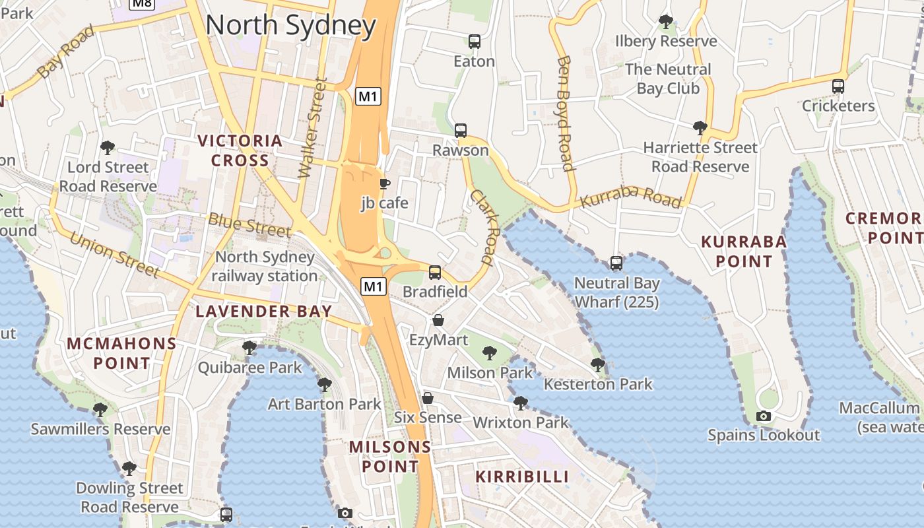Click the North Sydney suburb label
(290, 26)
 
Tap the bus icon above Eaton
(474, 42)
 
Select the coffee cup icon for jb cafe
(384, 183)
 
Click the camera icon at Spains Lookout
(764, 416)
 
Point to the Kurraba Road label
(630, 197)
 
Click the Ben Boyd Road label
(564, 113)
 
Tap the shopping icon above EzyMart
(438, 321)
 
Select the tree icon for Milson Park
(489, 353)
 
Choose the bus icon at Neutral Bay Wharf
(616, 263)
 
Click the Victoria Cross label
(240, 150)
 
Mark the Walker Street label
(312, 128)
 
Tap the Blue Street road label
(249, 224)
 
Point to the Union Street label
(114, 254)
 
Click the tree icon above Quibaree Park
(249, 348)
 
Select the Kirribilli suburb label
(522, 477)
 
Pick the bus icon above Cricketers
(838, 86)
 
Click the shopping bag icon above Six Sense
(428, 398)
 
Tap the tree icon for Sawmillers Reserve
(100, 410)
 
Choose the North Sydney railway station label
(265, 266)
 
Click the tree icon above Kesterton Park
(598, 364)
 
